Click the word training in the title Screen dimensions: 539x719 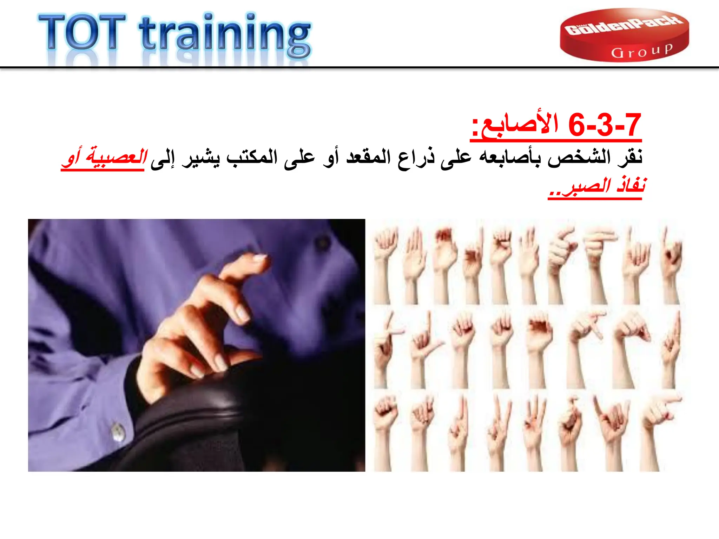coord(225,35)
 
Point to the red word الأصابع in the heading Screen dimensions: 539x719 coord(520,126)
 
